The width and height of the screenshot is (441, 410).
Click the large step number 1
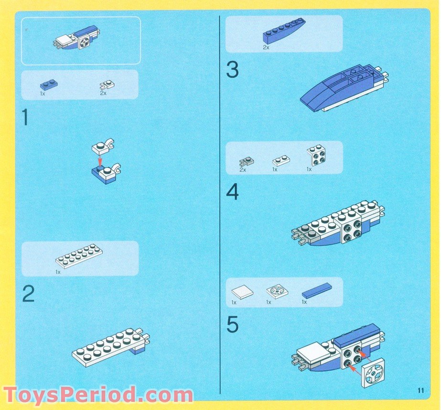pos(25,118)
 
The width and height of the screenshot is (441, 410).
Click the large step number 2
pos(28,294)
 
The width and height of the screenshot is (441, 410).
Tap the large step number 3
pos(232,70)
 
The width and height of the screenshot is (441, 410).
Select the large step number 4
pos(232,192)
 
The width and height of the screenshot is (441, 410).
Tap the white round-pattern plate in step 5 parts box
pos(276,291)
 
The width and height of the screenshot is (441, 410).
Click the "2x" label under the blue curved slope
pos(266,48)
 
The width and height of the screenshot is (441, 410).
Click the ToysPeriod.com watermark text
pos(98,396)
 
